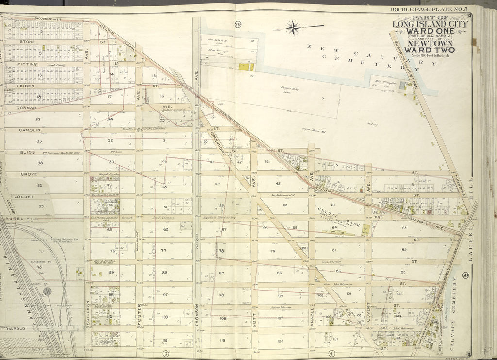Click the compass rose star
pyautogui.click(x=293, y=28)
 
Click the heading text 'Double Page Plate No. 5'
pyautogui.click(x=427, y=10)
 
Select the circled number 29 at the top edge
pyautogui.click(x=238, y=25)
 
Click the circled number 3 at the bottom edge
pyautogui.click(x=165, y=353)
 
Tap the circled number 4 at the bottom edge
pyautogui.click(x=332, y=353)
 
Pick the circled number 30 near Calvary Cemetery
pyautogui.click(x=465, y=275)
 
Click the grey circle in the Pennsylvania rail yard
pyautogui.click(x=47, y=291)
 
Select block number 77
pyautogui.click(x=163, y=251)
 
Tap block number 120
pyautogui.click(x=280, y=341)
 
